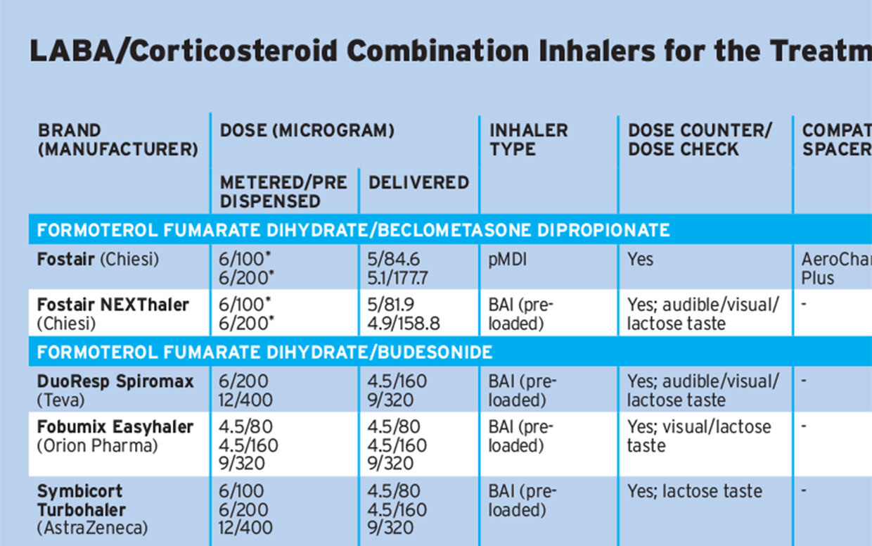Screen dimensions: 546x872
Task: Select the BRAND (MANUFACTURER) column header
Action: tap(117, 140)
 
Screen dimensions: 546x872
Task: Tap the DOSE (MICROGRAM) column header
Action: tap(307, 131)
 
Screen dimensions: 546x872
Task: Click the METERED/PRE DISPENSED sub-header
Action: tap(283, 191)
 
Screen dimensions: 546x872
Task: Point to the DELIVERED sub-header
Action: tap(418, 183)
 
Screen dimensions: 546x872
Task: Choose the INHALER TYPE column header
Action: tap(528, 140)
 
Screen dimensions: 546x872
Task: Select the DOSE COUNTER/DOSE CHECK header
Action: tap(699, 140)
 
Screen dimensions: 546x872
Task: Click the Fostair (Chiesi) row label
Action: tap(98, 260)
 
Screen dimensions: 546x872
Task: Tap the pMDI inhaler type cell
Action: tap(508, 260)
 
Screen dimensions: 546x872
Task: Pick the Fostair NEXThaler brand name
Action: tap(113, 305)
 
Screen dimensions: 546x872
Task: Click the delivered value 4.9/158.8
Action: tap(404, 324)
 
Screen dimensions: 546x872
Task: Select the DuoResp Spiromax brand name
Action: tap(115, 381)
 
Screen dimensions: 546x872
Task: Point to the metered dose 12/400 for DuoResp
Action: tap(245, 400)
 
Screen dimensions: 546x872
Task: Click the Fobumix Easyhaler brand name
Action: tap(115, 427)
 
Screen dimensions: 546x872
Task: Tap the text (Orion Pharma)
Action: tap(97, 445)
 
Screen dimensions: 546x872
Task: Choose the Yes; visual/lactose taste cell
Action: tap(699, 436)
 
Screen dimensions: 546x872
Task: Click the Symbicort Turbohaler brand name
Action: tap(82, 500)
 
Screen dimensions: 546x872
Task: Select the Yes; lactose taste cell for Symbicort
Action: tap(694, 491)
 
